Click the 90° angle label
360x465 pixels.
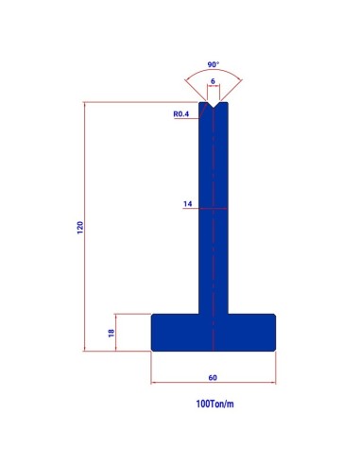[213, 64]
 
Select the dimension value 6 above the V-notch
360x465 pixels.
[213, 81]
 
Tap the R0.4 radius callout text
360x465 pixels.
[181, 114]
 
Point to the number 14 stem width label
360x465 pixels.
[188, 204]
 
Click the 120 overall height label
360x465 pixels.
[80, 228]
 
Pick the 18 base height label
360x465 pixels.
[111, 333]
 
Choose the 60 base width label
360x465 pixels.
[213, 377]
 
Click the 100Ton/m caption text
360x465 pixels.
[214, 404]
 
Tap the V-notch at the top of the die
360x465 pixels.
[214, 105]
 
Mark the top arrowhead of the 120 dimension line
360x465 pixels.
[84, 104]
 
